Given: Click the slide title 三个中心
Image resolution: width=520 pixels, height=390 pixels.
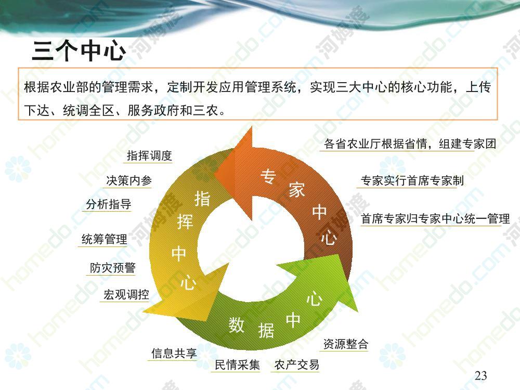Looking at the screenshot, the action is (79, 50).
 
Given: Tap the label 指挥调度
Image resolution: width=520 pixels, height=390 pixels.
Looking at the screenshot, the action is (150, 155).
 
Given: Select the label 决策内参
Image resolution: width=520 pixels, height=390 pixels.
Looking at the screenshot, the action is (129, 180).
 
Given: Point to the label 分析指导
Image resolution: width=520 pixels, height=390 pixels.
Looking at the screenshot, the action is (109, 204).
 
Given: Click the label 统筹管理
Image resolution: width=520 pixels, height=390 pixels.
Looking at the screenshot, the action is (104, 239).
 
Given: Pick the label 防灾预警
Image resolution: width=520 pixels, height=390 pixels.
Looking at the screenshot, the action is (113, 268).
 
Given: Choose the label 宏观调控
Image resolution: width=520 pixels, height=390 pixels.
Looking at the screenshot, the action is (126, 294).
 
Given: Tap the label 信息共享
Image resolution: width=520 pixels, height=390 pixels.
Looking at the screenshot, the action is (174, 353).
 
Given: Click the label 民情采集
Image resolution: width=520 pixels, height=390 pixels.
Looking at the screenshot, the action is (237, 365).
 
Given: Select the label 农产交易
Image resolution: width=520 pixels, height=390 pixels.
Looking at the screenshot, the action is (297, 365).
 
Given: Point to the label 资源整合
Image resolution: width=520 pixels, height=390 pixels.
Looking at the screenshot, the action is (346, 344).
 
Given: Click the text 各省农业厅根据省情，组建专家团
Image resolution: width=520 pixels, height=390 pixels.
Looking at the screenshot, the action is (410, 144).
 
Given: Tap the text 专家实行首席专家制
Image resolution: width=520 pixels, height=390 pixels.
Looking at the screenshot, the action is (412, 181).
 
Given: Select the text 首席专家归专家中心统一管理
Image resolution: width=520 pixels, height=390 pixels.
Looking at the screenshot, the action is (435, 219).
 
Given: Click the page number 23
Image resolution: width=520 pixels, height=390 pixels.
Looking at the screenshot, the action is (481, 376).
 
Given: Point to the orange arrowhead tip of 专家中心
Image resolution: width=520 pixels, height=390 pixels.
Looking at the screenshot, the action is (215, 174).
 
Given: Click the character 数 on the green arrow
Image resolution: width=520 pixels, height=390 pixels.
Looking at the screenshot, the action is (237, 324).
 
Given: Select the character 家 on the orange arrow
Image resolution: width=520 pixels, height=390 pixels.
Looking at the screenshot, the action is (296, 190).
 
